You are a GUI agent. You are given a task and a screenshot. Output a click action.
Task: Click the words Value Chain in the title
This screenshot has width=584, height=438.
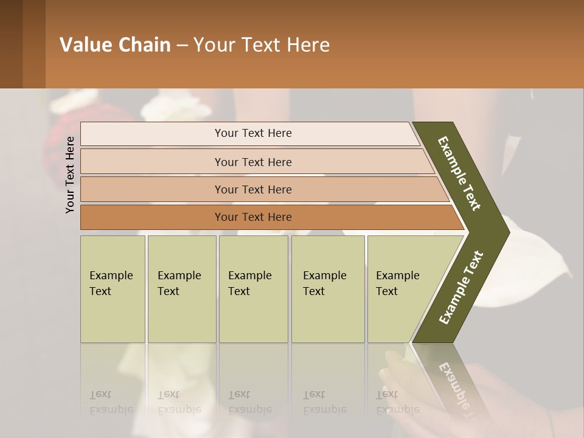point(115,45)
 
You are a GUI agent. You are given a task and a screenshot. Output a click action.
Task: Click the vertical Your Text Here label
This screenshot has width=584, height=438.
point(70,175)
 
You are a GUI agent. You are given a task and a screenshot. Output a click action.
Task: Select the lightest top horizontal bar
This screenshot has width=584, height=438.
point(252,133)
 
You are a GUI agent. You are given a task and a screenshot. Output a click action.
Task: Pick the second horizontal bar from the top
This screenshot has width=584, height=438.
point(252,162)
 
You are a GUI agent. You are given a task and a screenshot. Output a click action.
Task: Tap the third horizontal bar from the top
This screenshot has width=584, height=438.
point(252,189)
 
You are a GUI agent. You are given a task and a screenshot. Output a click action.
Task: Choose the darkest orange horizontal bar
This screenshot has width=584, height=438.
point(252,217)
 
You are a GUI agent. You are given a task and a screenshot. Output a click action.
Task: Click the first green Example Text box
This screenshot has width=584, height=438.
point(113,289)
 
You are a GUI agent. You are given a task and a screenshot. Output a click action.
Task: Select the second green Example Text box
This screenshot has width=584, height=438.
point(181,289)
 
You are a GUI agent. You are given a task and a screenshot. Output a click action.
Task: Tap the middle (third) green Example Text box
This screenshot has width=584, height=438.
point(252,289)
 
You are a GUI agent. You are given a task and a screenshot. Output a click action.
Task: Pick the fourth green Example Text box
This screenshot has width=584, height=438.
point(327,289)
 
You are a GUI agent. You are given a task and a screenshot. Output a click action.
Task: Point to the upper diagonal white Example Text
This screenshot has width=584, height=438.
point(459,173)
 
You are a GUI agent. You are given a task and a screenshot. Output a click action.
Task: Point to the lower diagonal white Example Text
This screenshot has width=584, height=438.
point(461,288)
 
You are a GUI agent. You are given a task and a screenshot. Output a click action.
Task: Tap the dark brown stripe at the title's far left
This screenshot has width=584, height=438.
point(11,44)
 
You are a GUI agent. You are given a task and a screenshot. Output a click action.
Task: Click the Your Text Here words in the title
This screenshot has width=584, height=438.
point(262,45)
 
